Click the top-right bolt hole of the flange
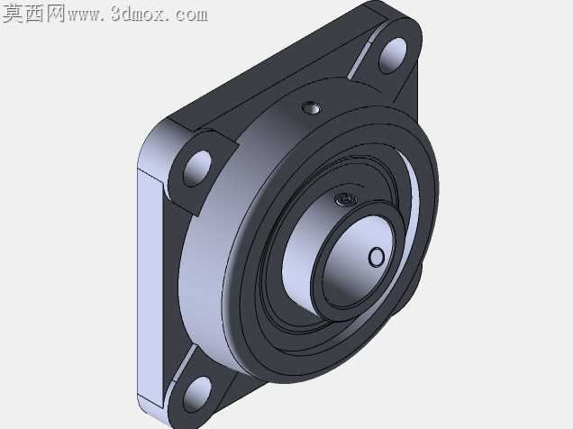[392, 55]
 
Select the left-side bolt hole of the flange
[197, 169]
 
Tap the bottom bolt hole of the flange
[197, 395]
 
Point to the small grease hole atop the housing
[312, 108]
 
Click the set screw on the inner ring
[344, 199]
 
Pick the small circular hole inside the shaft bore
[377, 257]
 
